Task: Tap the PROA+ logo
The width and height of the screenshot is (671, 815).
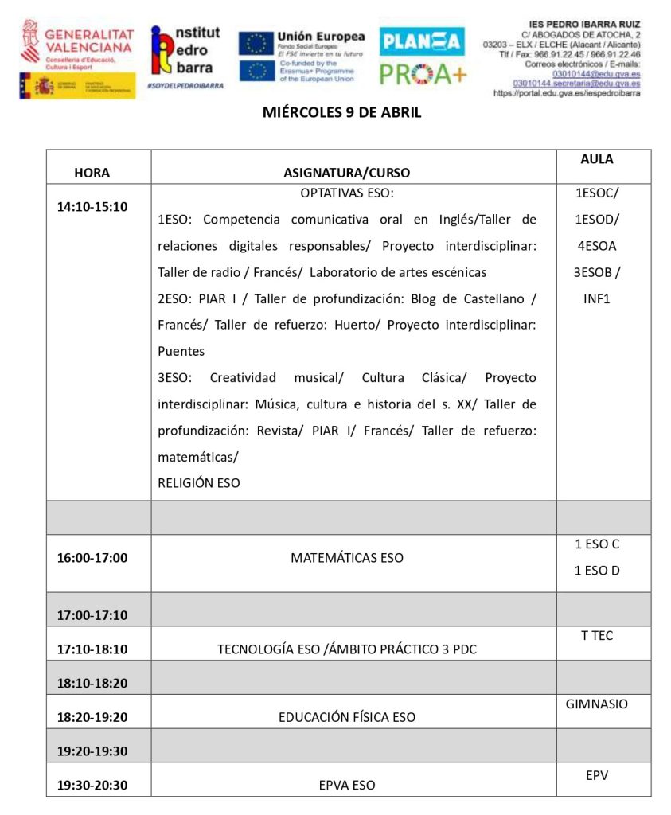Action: coord(423,73)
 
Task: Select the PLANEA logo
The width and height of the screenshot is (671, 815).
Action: coord(422,41)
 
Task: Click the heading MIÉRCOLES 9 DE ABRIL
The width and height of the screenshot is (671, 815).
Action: coord(341,113)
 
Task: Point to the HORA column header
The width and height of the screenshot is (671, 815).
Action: coord(92,172)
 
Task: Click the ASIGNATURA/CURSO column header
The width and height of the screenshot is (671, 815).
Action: coord(347,172)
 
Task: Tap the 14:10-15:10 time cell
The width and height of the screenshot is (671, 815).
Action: coord(92,206)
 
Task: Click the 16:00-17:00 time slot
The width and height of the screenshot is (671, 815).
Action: coord(92,557)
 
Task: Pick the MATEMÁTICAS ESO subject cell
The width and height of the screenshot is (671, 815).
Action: coord(347,558)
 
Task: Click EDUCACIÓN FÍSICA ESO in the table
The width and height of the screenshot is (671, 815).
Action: coord(347,717)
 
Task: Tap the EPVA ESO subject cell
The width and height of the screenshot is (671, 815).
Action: coord(347,785)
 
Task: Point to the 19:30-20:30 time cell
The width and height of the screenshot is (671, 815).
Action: coord(92,785)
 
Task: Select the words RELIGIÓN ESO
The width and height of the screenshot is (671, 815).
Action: coord(199,482)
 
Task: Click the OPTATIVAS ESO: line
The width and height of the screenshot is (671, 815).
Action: coord(347,193)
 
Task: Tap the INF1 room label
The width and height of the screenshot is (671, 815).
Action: coord(596,299)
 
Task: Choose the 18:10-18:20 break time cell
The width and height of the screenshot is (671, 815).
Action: coord(92,683)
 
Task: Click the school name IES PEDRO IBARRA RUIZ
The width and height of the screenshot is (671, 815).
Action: coord(584,25)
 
